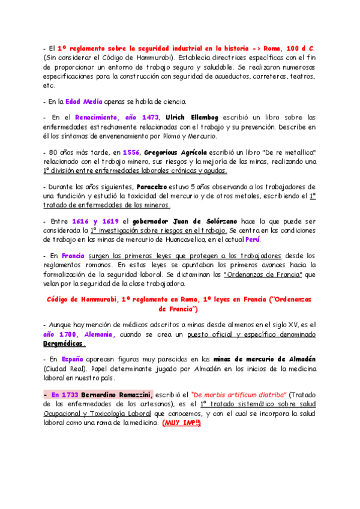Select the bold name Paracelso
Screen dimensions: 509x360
pos(155,187)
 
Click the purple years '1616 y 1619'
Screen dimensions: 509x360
pos(94,221)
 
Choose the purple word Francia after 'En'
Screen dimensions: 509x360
pos(73,256)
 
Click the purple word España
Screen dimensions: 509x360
pos(74,359)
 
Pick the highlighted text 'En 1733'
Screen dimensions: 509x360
pos(64,394)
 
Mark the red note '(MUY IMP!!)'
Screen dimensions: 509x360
pos(181,423)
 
